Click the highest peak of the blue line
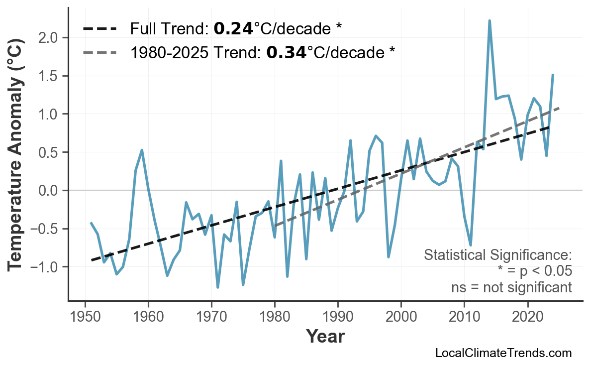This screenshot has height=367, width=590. (490, 21)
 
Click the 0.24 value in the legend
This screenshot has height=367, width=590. (233, 29)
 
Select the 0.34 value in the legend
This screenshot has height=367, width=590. (286, 52)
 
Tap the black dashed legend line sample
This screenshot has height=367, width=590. (99, 29)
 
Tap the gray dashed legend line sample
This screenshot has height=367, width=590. (99, 52)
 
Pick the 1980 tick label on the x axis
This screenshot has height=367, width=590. (275, 317)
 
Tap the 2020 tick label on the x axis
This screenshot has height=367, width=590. (527, 317)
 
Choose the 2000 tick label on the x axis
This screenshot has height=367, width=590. (401, 317)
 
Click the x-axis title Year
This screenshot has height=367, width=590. (325, 337)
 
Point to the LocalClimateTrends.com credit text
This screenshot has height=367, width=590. (503, 353)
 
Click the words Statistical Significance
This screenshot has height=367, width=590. (497, 255)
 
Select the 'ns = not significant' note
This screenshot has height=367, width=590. (511, 287)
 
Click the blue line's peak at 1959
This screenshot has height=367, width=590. (142, 150)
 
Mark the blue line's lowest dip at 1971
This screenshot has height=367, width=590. (218, 287)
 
